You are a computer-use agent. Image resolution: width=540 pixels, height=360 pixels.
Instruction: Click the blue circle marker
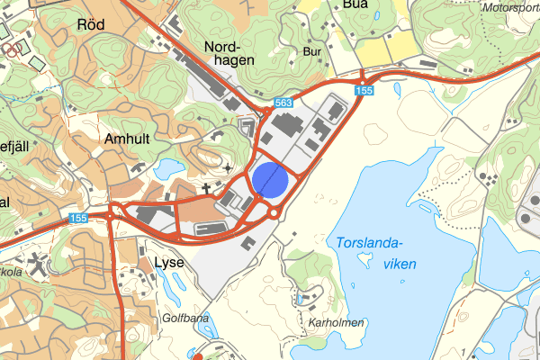click(x=270, y=180)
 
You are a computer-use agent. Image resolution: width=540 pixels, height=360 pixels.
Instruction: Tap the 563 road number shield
click(x=284, y=103)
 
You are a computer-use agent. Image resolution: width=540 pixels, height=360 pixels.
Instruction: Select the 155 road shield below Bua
click(x=364, y=91)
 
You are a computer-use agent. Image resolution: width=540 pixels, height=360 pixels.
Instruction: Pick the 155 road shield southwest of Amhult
click(x=78, y=219)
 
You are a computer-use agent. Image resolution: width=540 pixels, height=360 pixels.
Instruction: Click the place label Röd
click(x=92, y=24)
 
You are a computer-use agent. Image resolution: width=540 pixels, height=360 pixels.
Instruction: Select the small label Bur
click(x=312, y=52)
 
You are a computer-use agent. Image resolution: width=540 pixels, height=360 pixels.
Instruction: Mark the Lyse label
click(x=168, y=262)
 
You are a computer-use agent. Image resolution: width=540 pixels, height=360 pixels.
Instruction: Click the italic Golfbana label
click(x=185, y=319)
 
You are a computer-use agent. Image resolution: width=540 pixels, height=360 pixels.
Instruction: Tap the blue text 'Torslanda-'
click(x=369, y=242)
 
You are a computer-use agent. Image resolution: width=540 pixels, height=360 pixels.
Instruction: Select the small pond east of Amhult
click(x=167, y=168)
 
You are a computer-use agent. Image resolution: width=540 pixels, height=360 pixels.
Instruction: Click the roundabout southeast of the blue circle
click(x=273, y=212)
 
